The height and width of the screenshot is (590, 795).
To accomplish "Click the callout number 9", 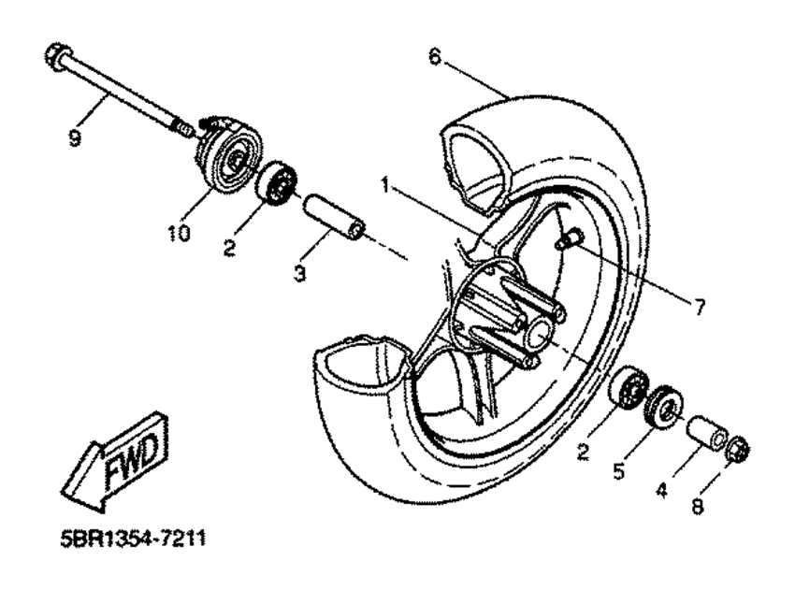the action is coord(75,137).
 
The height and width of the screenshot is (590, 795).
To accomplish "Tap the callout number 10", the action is coord(179,233).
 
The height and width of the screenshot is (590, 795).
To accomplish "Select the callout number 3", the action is coord(299,273).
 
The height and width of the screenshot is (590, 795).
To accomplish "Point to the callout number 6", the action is coord(435,56).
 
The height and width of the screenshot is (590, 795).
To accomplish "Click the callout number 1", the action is coord(386,185).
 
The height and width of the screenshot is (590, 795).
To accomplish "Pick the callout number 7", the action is coord(700,306).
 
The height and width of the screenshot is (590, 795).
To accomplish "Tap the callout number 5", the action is coord(619,471).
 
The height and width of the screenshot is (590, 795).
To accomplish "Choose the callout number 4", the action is coord(661,490).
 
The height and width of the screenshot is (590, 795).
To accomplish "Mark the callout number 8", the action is coord(698,507).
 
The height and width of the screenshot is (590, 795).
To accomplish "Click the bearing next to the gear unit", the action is coord(276,183).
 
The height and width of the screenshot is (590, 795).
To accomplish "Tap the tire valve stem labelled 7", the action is coord(570,238).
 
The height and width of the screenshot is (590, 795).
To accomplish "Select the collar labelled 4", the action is coord(708,432).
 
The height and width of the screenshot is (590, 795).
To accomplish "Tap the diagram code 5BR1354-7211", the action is coord(133,539).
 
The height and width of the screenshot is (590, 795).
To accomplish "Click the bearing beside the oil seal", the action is coord(629,387).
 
